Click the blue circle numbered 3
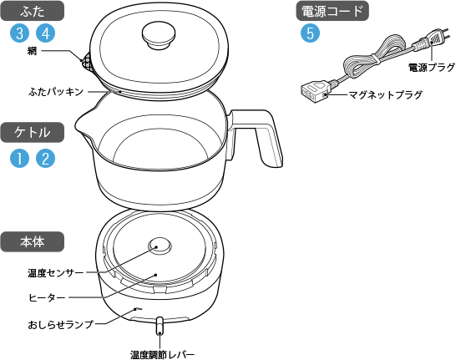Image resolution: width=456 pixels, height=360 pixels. pyautogui.click(x=19, y=33)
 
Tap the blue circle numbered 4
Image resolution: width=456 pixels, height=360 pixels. pyautogui.click(x=45, y=33)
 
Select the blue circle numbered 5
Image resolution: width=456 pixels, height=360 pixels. pyautogui.click(x=311, y=33)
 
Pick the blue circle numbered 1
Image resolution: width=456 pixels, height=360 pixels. pyautogui.click(x=19, y=158)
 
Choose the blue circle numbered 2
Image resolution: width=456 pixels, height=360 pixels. pyautogui.click(x=45, y=158)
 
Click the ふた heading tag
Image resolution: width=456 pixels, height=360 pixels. pyautogui.click(x=33, y=11)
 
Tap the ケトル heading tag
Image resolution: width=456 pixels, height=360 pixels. pyautogui.click(x=33, y=132)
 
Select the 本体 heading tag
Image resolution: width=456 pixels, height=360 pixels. pyautogui.click(x=33, y=241)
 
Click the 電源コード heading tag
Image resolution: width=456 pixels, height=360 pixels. pyautogui.click(x=332, y=11)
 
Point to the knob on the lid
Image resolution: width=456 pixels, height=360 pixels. pyautogui.click(x=159, y=35)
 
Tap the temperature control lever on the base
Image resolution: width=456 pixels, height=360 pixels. pyautogui.click(x=160, y=326)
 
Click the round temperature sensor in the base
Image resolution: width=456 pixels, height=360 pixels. pyautogui.click(x=160, y=246)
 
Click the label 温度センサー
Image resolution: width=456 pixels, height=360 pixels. pyautogui.click(x=56, y=273)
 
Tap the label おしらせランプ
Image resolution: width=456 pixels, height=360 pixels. pyautogui.click(x=60, y=324)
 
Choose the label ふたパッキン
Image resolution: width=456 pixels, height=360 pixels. pyautogui.click(x=56, y=92)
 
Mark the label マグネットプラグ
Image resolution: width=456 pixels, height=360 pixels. pyautogui.click(x=385, y=94)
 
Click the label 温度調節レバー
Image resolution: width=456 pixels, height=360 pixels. pyautogui.click(x=162, y=355)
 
